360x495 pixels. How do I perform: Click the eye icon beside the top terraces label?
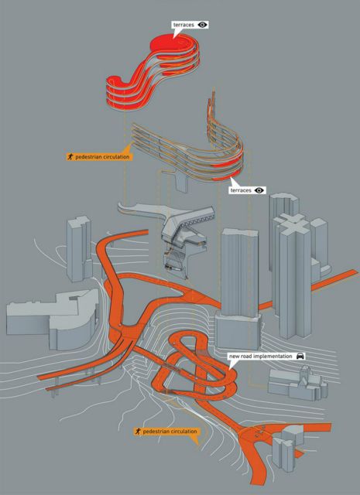point(203,25)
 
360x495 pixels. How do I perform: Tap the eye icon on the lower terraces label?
point(260,190)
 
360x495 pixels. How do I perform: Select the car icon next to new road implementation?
point(300,356)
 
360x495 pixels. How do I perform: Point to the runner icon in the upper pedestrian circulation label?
point(70,156)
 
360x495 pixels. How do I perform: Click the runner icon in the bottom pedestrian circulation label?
point(138,432)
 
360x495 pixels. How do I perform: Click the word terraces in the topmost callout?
point(183,25)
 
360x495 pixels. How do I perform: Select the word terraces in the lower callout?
point(241,190)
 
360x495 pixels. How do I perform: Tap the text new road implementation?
point(261,356)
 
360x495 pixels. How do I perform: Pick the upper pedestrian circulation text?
point(102,157)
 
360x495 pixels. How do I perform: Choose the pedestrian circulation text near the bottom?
point(170,432)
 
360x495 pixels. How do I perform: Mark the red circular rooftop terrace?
point(166,43)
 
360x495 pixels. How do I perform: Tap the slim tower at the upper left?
point(79,249)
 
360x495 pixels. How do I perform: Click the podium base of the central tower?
point(238,330)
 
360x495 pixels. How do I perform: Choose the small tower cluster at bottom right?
point(288,445)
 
